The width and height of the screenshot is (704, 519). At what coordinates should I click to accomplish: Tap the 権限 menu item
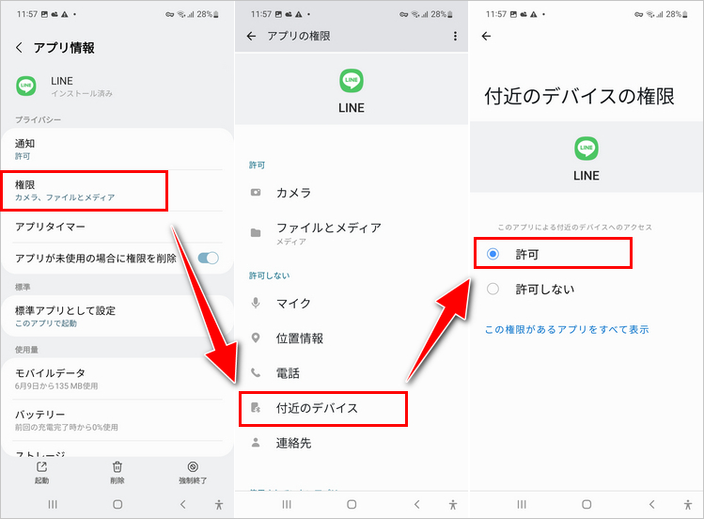point(65,190)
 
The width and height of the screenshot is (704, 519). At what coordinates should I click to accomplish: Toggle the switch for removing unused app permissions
point(209,259)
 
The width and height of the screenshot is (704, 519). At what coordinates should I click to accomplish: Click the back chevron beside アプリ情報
point(19,48)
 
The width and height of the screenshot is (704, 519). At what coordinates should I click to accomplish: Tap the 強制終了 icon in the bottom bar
point(193,467)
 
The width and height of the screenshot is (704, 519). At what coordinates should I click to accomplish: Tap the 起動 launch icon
point(41,467)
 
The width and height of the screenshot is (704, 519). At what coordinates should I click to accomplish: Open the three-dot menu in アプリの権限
point(455,36)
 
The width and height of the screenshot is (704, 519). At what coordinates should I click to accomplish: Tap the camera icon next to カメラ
point(256,193)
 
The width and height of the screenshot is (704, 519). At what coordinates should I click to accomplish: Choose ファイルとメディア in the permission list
point(329,233)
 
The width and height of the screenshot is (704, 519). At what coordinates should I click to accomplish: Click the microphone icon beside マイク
point(256,303)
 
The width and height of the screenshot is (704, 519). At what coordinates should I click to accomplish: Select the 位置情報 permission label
point(300,338)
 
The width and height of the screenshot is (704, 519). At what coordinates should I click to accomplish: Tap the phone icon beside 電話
point(256,372)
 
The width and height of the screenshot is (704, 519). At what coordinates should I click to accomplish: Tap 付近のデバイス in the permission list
point(317,408)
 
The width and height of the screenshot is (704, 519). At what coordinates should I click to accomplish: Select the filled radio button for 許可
point(493,254)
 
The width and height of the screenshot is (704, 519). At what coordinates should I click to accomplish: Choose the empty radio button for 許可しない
point(493,289)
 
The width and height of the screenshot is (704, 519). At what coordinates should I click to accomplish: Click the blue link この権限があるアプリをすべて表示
point(567,329)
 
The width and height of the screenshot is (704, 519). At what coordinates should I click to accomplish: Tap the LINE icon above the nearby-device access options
point(587,149)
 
